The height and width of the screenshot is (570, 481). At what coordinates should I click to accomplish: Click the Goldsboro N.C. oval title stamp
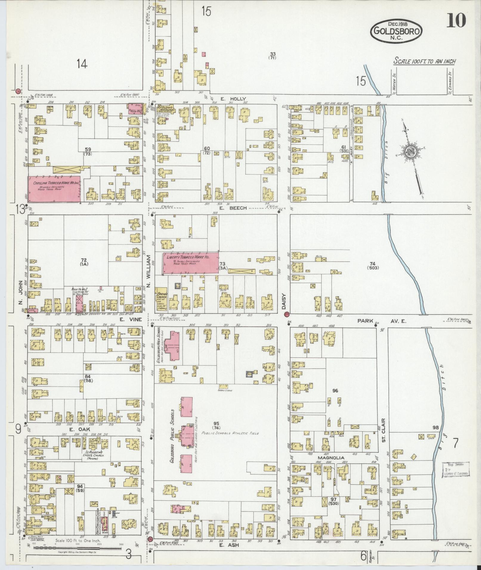tap(396, 30)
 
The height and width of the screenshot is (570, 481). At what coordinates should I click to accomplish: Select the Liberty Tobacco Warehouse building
tap(191, 263)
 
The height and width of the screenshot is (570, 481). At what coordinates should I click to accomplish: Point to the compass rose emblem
tap(410, 152)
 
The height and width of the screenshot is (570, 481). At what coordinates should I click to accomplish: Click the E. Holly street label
tap(233, 99)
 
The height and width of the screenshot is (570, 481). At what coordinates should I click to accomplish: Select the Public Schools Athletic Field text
tap(230, 433)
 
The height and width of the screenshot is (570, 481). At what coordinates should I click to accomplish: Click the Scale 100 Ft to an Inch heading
tap(424, 61)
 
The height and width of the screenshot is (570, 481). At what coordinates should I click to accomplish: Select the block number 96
tap(335, 391)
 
